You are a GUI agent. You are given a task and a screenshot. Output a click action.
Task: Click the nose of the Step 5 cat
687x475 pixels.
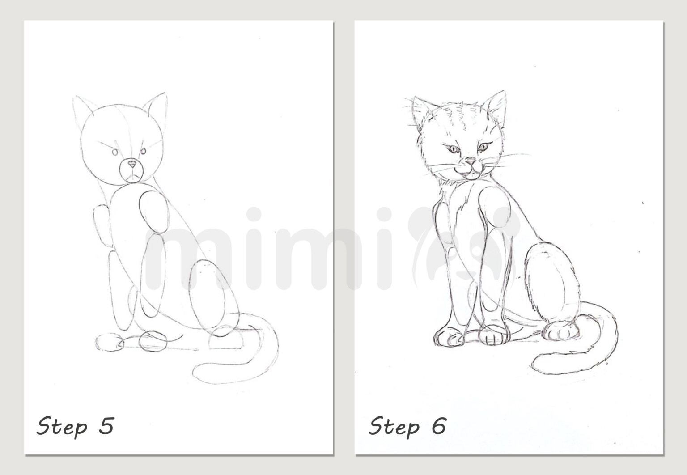[131, 164]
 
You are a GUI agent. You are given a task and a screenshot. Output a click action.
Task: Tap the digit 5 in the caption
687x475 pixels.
[106, 426]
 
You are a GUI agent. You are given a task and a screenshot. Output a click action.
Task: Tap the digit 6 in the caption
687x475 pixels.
[438, 426]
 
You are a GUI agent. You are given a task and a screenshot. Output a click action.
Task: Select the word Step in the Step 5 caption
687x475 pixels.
[62, 427]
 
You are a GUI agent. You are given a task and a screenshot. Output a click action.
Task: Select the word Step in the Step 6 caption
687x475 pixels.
[394, 427]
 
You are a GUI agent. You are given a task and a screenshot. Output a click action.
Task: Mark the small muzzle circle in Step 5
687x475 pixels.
[131, 171]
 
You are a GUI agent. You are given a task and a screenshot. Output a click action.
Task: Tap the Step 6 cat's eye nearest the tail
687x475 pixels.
[483, 146]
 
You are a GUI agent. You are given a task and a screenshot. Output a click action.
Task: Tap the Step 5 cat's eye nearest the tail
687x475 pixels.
[143, 152]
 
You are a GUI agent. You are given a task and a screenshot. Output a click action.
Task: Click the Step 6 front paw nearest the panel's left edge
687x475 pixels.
[448, 336]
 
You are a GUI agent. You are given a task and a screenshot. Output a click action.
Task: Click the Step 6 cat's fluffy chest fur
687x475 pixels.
[461, 197]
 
